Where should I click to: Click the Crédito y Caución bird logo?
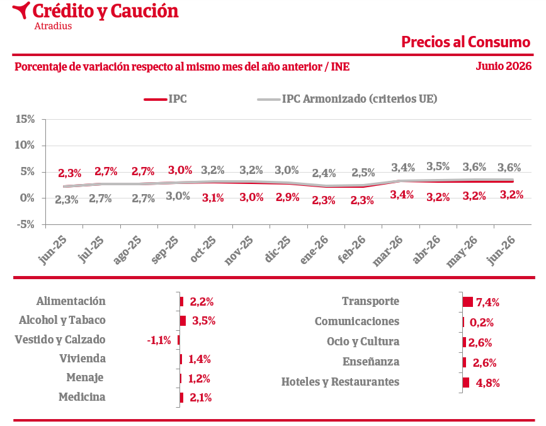pyautogui.click(x=21, y=9)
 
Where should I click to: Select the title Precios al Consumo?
pyautogui.click(x=465, y=42)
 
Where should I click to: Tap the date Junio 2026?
pyautogui.click(x=504, y=66)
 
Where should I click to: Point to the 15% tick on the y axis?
pyautogui.click(x=25, y=119)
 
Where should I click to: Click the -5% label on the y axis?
pyautogui.click(x=25, y=224)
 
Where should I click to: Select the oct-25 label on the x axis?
pyautogui.click(x=203, y=250)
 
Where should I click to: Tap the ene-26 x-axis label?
pyautogui.click(x=314, y=250)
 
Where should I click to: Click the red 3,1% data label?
pyautogui.click(x=213, y=198)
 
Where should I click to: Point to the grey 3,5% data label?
pyautogui.click(x=438, y=166)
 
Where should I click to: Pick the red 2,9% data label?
pyautogui.click(x=288, y=197)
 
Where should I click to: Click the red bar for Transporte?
pyautogui.click(x=468, y=302)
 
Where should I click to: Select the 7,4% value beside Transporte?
pyautogui.click(x=487, y=302)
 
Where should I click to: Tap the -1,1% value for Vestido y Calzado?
pyautogui.click(x=159, y=340)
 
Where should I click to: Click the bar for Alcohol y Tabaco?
pyautogui.click(x=183, y=321)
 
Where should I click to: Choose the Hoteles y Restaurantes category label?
pyautogui.click(x=340, y=382)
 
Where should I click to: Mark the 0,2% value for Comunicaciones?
pyautogui.click(x=482, y=323)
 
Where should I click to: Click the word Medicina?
pyautogui.click(x=82, y=397)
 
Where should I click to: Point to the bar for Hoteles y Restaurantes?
pyautogui.click(x=466, y=383)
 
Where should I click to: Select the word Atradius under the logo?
pyautogui.click(x=53, y=26)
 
